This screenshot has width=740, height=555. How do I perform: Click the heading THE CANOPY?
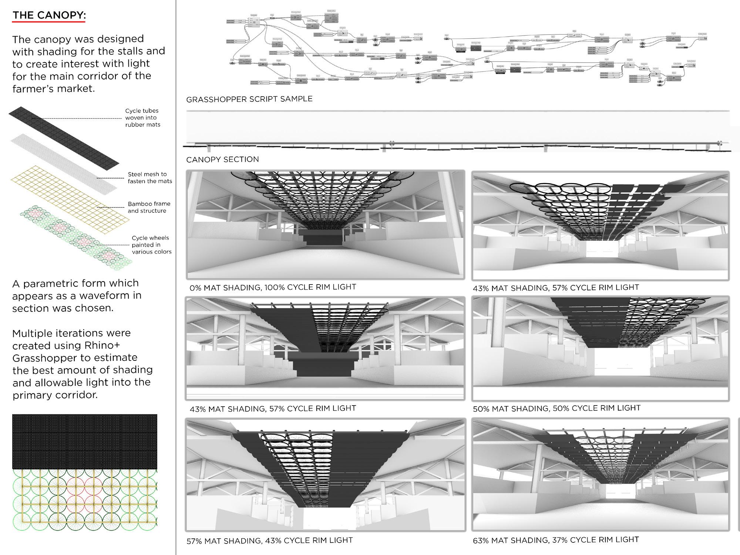(49, 16)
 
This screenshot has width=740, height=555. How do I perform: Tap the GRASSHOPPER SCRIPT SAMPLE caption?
(249, 99)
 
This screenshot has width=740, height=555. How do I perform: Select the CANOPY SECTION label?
(222, 159)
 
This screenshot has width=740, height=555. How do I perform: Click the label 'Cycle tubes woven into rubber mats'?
(142, 118)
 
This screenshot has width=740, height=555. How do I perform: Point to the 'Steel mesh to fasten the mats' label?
(149, 178)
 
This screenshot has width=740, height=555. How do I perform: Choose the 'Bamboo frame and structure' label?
(149, 207)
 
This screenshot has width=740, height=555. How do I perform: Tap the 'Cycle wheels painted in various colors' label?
(151, 245)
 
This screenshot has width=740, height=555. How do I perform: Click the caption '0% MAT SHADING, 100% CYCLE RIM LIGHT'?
(273, 287)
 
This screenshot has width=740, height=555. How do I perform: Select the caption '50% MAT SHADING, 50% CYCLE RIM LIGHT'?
(556, 408)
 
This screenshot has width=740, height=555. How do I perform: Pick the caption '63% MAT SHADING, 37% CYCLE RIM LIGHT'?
(556, 540)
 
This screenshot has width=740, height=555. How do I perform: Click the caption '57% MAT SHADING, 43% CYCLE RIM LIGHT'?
(269, 541)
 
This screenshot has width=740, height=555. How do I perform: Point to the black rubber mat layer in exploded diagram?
(63, 135)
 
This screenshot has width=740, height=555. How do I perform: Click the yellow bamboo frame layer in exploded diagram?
(70, 200)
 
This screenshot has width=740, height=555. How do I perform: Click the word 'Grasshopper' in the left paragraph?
(38, 358)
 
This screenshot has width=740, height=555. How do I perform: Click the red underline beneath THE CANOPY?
(49, 22)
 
